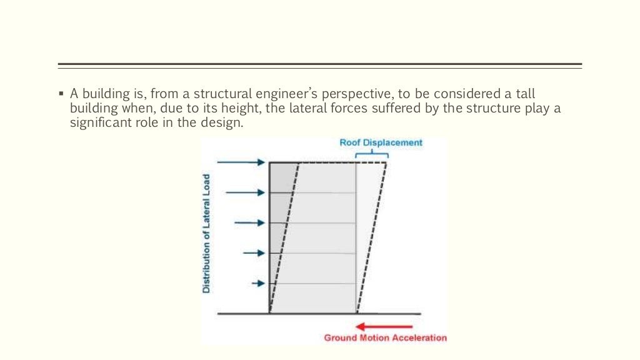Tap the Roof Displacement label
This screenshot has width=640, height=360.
(381, 142)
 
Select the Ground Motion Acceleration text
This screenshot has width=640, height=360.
(385, 338)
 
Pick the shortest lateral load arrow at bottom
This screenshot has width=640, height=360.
(258, 283)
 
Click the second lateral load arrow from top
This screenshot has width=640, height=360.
(246, 192)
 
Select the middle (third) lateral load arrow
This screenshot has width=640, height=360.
(249, 222)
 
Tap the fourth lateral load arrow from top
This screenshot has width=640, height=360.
(254, 253)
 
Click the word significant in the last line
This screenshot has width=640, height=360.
(98, 123)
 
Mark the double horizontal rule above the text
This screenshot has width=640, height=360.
(319, 66)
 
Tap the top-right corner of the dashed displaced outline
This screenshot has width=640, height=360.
(386, 163)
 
